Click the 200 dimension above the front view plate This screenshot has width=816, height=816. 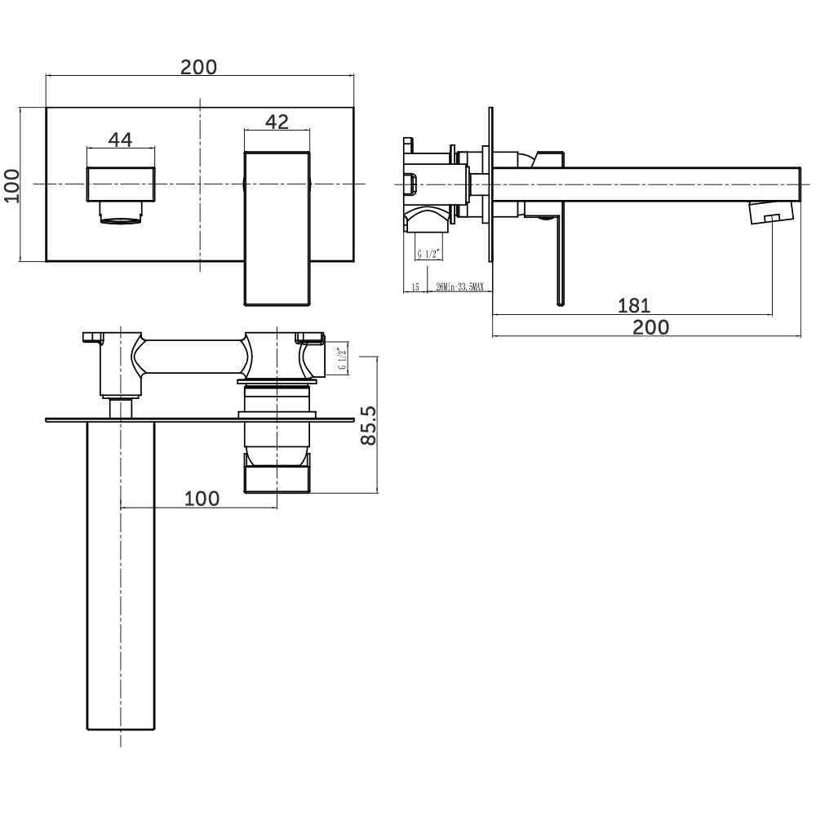tap(199, 67)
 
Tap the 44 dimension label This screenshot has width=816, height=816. tap(120, 140)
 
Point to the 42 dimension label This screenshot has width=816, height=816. tap(277, 122)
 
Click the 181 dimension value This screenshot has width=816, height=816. tap(633, 306)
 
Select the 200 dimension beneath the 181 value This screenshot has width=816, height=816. tap(650, 327)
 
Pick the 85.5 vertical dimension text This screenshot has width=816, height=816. tap(368, 426)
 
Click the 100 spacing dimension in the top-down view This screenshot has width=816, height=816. tap(202, 498)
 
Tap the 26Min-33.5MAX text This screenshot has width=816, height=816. tap(459, 287)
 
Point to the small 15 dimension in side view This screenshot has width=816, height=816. tap(415, 287)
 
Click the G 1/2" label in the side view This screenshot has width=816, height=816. tap(429, 254)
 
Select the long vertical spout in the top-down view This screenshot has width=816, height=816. tap(121, 571)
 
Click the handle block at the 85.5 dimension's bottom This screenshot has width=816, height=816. tap(277, 475)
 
